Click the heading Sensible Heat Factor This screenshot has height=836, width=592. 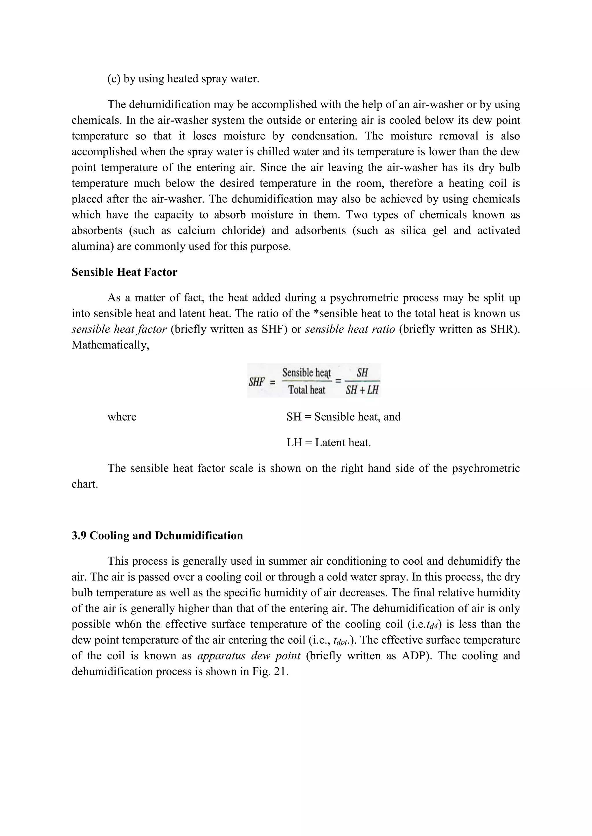click(x=124, y=272)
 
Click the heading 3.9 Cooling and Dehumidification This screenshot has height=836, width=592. click(x=157, y=535)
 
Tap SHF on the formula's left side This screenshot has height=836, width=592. click(x=257, y=382)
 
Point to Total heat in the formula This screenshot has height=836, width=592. click(x=307, y=390)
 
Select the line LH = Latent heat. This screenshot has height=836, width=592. click(x=328, y=443)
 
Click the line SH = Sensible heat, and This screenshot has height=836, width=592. click(x=343, y=417)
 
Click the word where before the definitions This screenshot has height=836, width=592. click(x=122, y=417)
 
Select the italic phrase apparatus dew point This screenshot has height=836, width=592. click(x=249, y=656)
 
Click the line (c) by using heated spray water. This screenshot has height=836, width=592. click(x=183, y=79)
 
